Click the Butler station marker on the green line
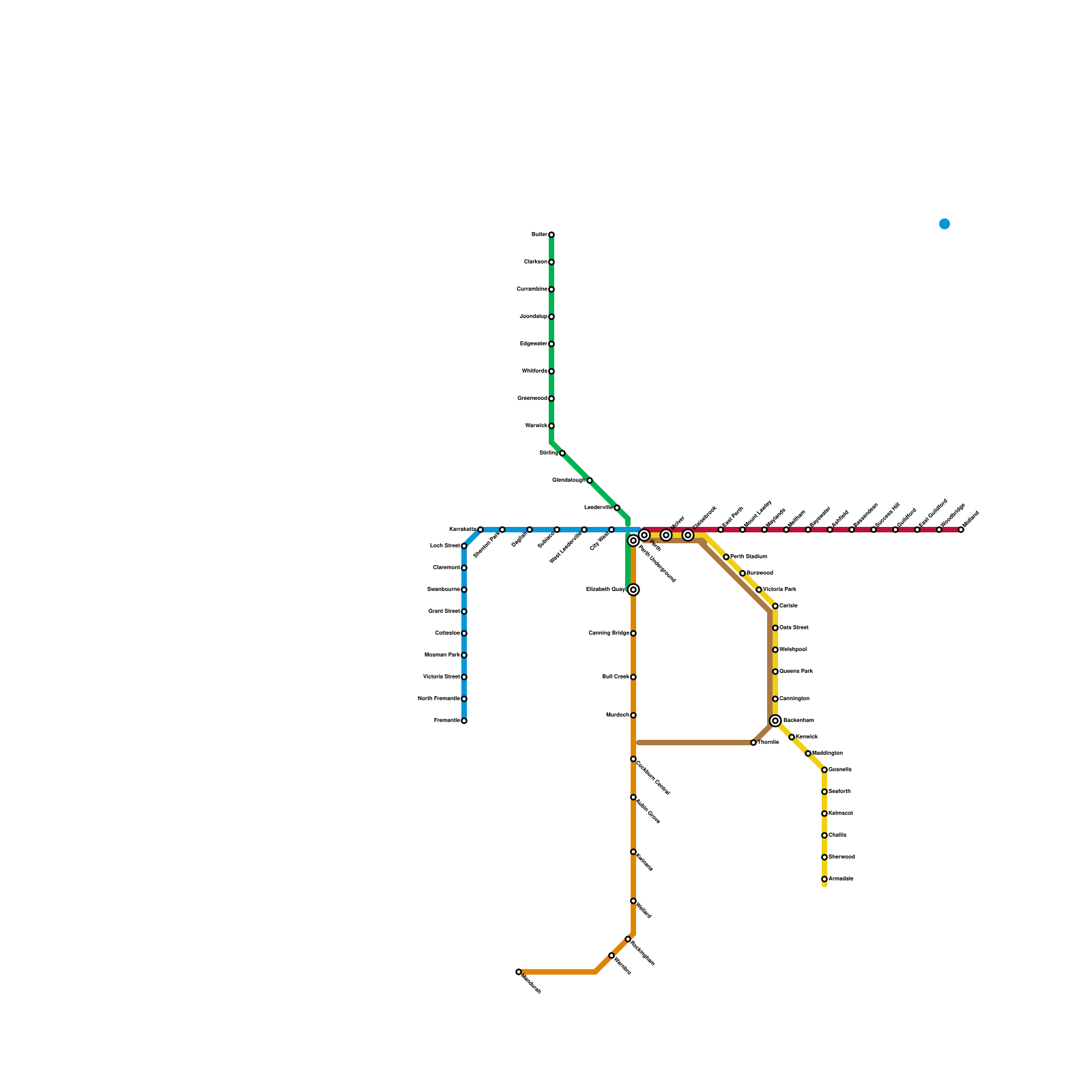(551, 235)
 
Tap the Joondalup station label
(533, 317)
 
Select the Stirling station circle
(562, 453)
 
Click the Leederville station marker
(617, 508)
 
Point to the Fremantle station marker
(464, 721)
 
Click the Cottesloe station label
(448, 633)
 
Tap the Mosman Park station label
(442, 655)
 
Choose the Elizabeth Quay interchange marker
(633, 590)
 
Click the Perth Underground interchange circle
(633, 541)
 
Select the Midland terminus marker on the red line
(961, 530)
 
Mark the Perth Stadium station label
(749, 557)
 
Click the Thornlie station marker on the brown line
(753, 743)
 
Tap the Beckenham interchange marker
(775, 721)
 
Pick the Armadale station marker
(824, 879)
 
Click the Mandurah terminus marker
(519, 972)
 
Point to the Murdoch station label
(617, 715)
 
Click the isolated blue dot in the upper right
(945, 224)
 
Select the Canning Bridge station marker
(633, 633)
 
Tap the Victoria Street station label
(442, 677)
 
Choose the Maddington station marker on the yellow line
(808, 753)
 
